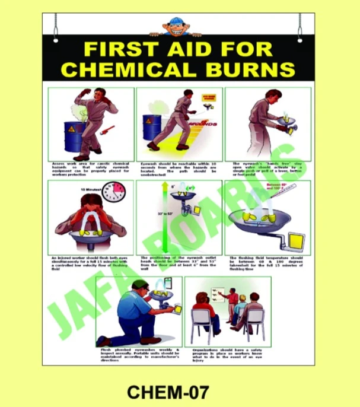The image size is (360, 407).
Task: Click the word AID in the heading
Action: click(185, 48)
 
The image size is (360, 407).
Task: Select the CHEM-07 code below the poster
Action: click(168, 392)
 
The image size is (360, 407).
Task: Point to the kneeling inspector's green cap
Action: click(139, 285)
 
